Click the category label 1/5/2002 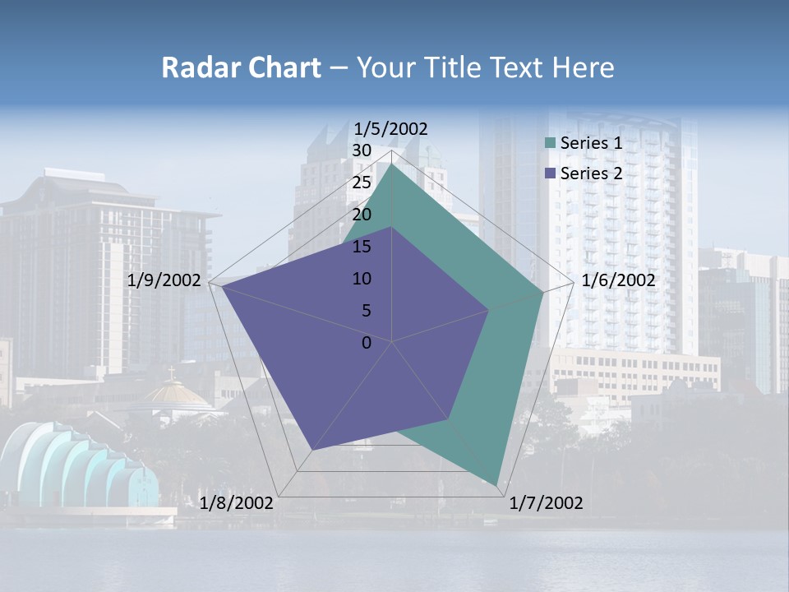(391, 129)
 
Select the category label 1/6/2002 (618, 280)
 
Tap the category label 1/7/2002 (546, 503)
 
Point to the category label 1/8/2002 (237, 503)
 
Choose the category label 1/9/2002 (164, 280)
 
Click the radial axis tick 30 (361, 150)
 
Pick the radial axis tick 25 (361, 183)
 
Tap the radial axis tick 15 (361, 247)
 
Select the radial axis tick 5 (366, 311)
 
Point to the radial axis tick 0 (367, 343)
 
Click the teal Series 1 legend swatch (551, 144)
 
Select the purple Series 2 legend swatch (551, 173)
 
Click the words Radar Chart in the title (241, 67)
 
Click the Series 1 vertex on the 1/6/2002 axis (542, 292)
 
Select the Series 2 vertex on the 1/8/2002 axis (311, 451)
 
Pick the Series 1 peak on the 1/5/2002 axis (392, 163)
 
